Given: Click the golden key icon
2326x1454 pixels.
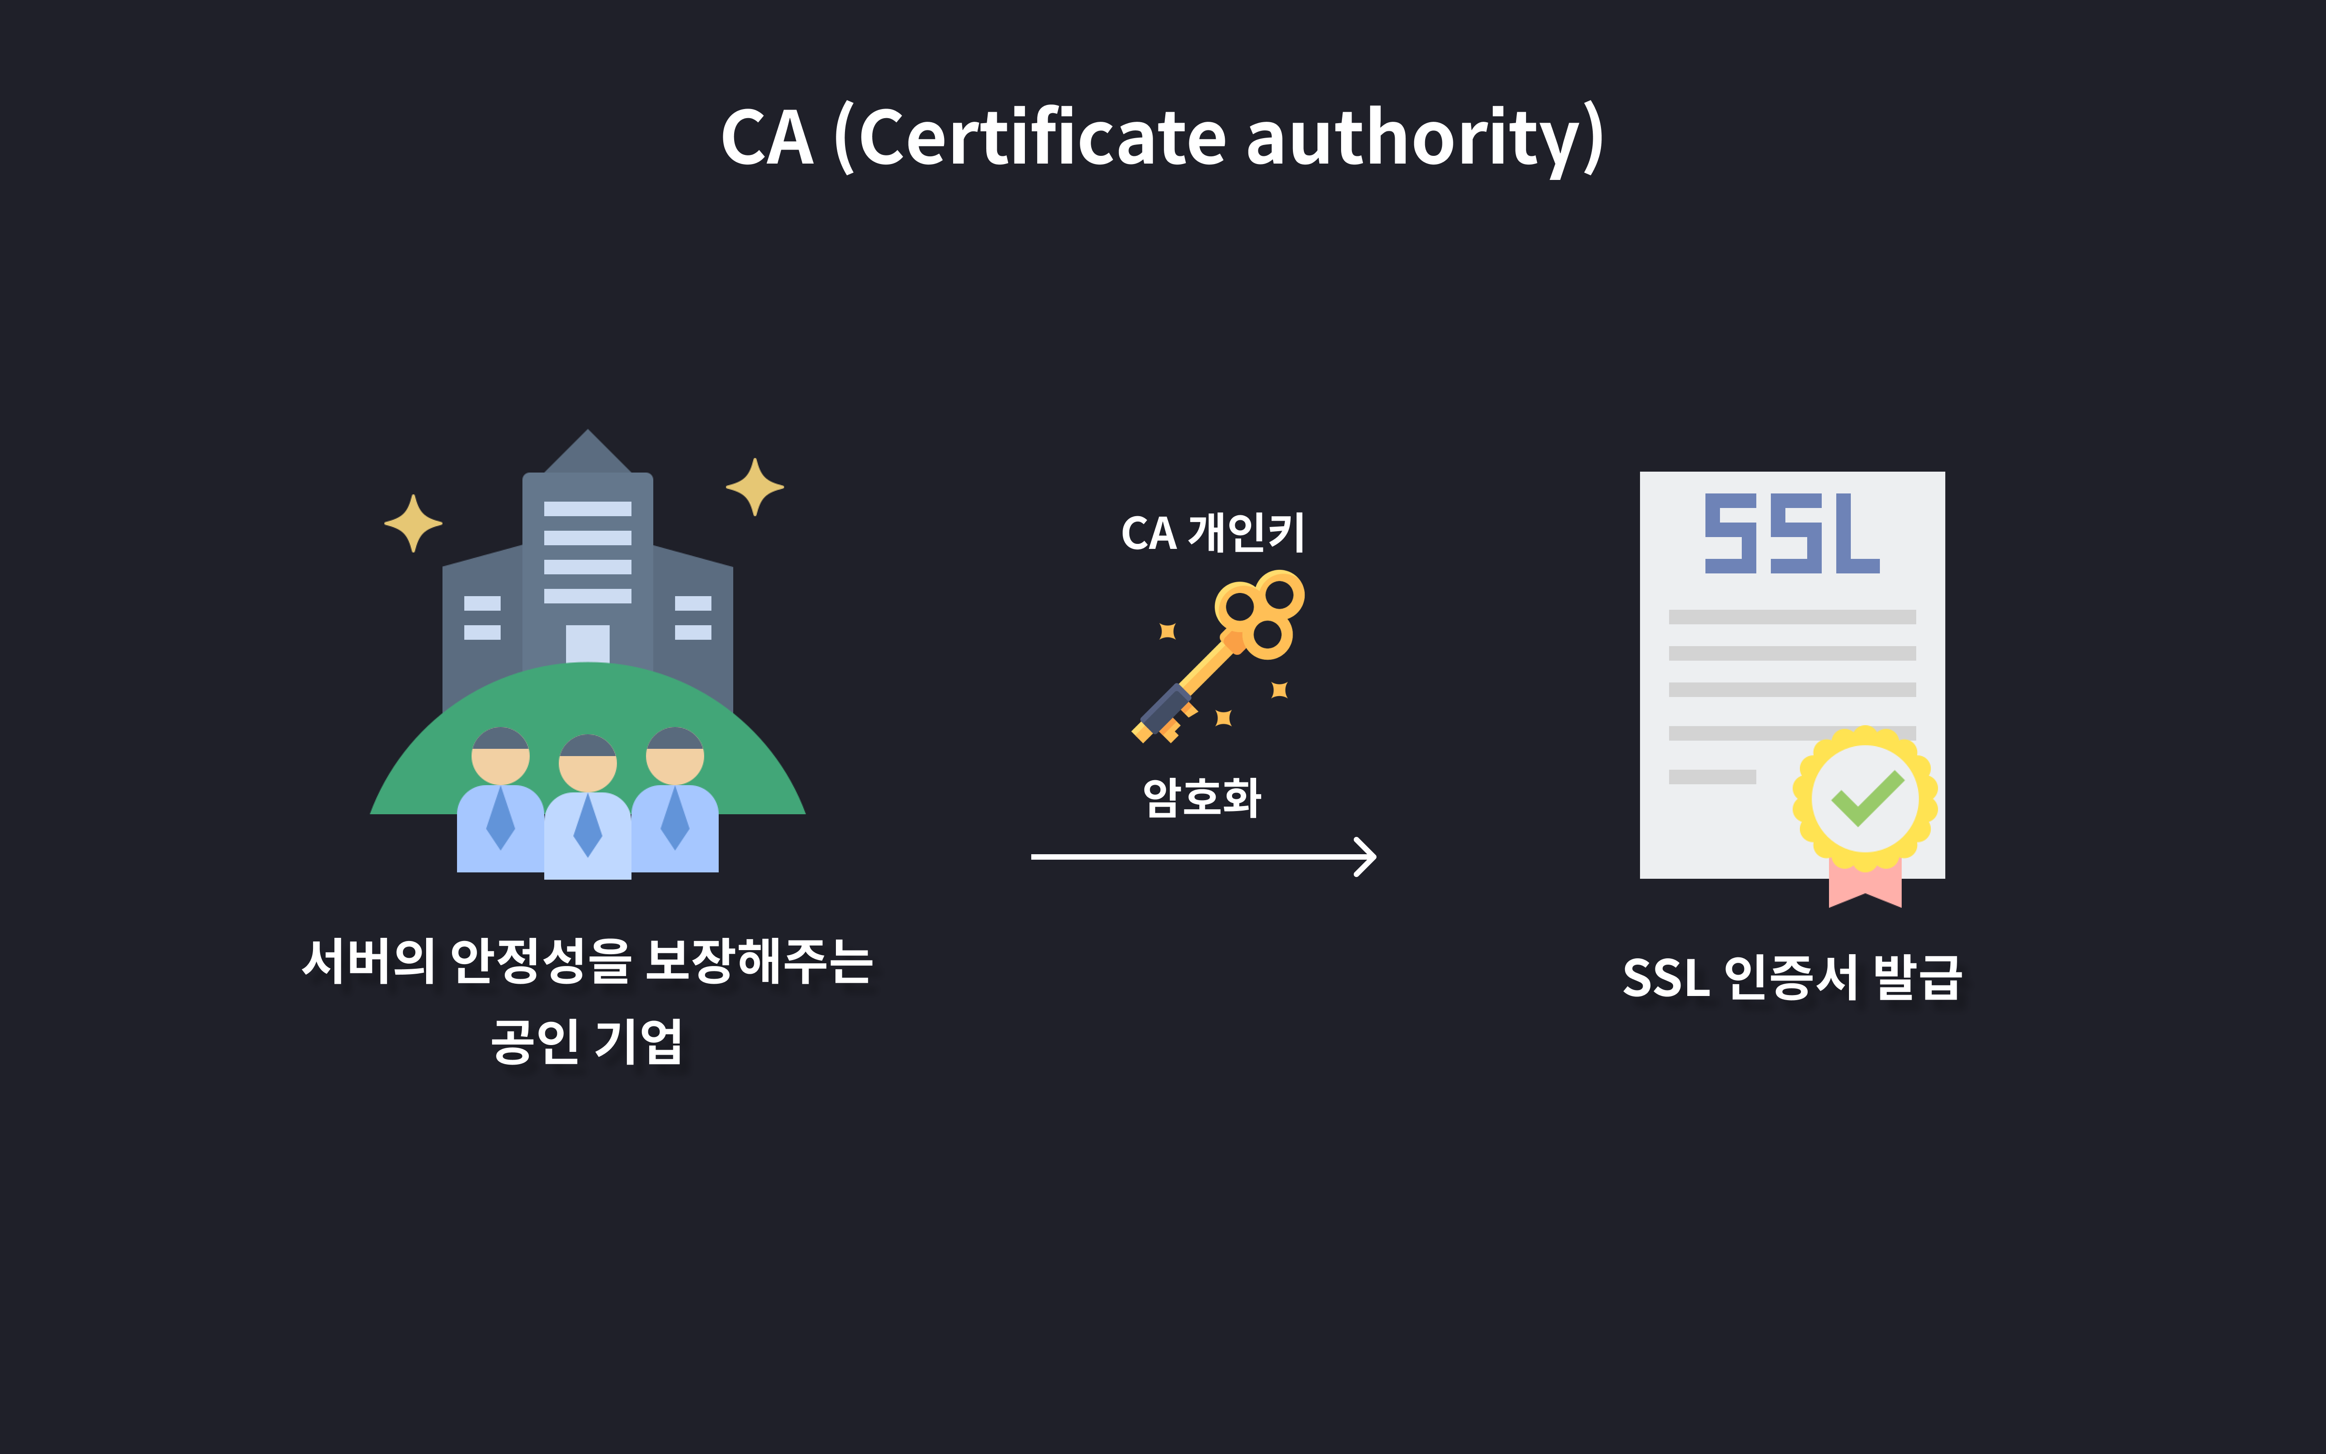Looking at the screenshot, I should tap(1221, 654).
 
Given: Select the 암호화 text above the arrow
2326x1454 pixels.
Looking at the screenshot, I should tap(1202, 797).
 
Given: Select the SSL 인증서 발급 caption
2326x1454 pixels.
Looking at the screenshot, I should tap(1792, 978).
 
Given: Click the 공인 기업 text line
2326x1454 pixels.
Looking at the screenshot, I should tap(587, 1041).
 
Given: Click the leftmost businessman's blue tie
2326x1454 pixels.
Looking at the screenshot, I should tap(501, 817).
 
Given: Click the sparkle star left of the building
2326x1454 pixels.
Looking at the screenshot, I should tap(413, 523).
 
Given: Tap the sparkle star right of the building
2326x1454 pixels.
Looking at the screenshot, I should tap(755, 487).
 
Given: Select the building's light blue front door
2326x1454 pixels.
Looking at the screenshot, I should tap(587, 642).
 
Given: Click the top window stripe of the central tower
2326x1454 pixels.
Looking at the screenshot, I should tap(587, 509).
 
